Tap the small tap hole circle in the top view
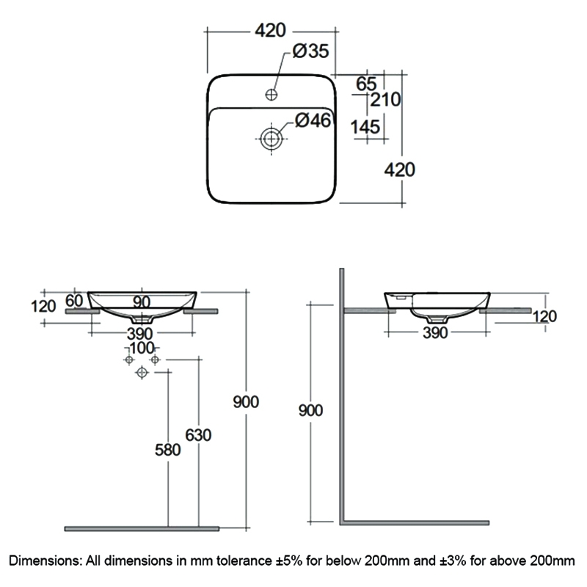point(271,94)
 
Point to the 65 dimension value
point(365,82)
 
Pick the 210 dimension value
point(386,99)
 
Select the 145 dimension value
point(365,127)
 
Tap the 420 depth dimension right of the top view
point(400,169)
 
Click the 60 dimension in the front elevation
point(75,300)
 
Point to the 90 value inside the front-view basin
point(142,302)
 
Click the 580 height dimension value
point(167,450)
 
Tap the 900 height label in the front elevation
point(246,402)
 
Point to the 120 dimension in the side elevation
point(544,316)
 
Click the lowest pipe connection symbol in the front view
point(142,373)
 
